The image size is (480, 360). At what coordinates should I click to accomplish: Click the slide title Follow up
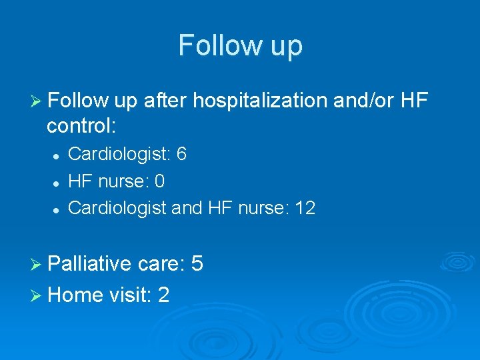click(x=240, y=45)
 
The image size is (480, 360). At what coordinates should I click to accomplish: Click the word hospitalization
click(x=257, y=101)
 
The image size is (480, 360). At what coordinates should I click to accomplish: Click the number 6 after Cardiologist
click(x=182, y=155)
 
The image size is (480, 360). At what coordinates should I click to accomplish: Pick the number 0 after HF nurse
click(x=159, y=181)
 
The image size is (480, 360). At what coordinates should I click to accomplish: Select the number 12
click(x=305, y=208)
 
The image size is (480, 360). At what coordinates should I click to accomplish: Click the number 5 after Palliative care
click(x=197, y=265)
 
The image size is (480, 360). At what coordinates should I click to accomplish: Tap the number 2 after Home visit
click(x=164, y=294)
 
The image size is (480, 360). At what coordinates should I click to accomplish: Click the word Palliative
click(x=89, y=265)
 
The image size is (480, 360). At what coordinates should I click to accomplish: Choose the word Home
click(x=75, y=294)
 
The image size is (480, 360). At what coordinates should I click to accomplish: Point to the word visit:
click(x=131, y=294)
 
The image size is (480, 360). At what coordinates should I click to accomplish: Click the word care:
click(x=161, y=265)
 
